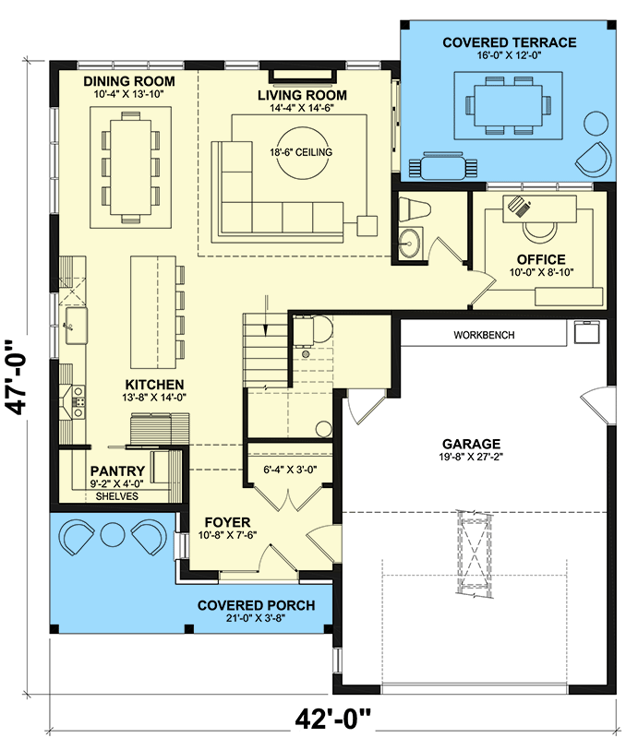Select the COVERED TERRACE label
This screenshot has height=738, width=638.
[509, 42]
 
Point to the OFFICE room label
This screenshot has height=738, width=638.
[541, 259]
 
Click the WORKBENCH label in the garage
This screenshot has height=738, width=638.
[484, 335]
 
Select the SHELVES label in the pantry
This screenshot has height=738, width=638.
[116, 495]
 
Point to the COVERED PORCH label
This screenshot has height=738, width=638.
[256, 605]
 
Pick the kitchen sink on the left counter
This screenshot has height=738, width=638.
[73, 322]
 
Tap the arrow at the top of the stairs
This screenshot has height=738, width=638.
[266, 314]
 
